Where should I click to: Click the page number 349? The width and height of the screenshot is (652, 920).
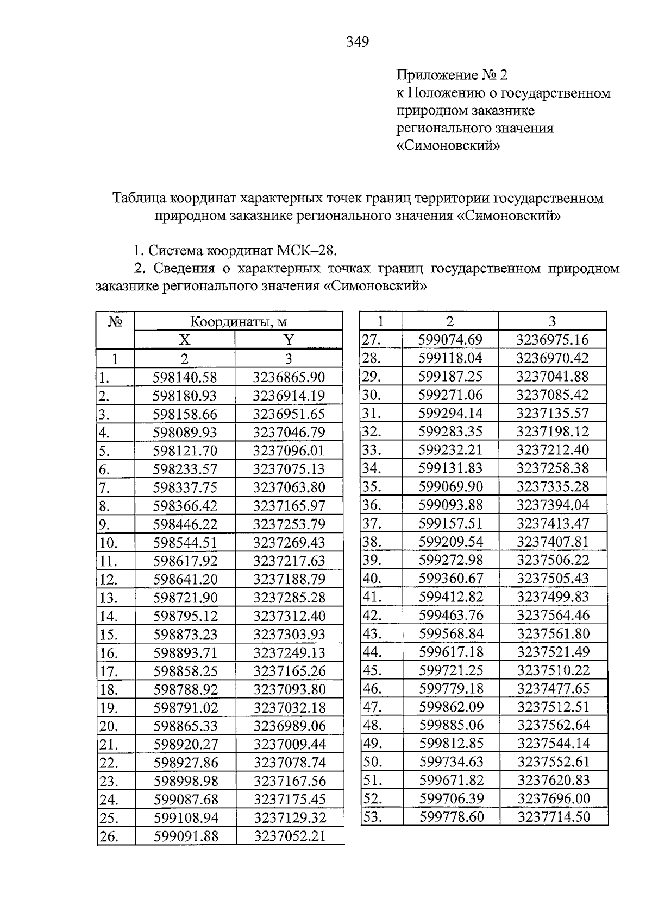(358, 42)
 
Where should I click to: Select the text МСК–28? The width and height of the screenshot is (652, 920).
(307, 251)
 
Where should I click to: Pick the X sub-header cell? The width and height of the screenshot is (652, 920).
(185, 340)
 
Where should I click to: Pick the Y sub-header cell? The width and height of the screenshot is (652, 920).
(289, 340)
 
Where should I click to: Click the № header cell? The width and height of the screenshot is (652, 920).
(115, 321)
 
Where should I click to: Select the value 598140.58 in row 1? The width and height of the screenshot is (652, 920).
(185, 377)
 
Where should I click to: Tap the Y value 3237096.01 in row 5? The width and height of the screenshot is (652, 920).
(289, 451)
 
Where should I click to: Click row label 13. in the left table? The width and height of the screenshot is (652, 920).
(109, 598)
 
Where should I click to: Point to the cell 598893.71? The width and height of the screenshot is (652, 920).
(185, 653)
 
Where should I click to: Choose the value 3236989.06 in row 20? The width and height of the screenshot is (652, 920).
(289, 726)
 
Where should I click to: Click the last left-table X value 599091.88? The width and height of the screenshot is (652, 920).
(186, 836)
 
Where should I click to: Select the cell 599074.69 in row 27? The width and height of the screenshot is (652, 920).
(450, 340)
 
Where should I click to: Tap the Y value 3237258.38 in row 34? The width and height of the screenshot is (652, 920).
(553, 468)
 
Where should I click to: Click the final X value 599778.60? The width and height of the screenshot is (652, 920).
(452, 817)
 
